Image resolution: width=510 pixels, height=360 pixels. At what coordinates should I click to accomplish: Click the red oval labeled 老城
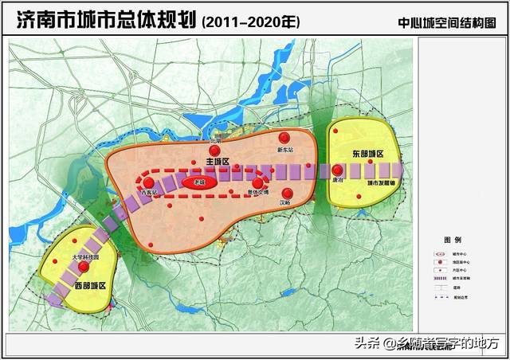tap(194, 182)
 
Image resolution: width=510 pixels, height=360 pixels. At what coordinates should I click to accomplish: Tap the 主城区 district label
tap(217, 162)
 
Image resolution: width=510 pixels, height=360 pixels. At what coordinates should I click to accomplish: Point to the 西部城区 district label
tap(90, 284)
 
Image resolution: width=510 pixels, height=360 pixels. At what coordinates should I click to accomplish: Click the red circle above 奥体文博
tap(257, 183)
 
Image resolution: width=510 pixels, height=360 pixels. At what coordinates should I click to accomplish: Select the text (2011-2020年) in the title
tap(251, 22)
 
